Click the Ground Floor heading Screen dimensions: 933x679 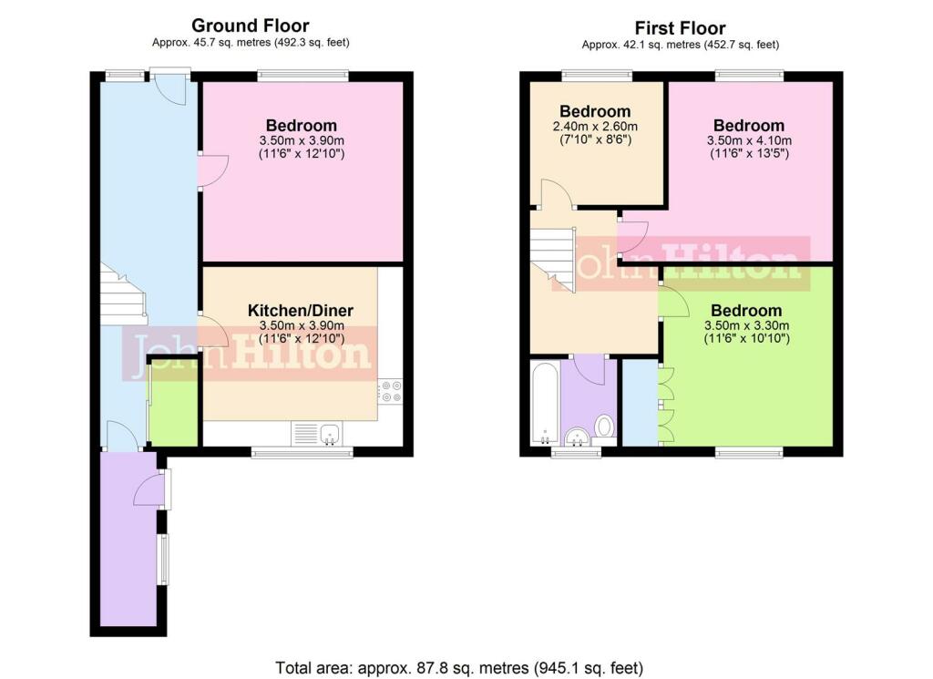pos(250,26)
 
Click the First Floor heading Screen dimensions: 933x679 pos(680,28)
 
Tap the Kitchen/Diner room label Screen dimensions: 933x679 pos(301,310)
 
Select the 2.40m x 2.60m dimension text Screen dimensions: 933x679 pos(595,126)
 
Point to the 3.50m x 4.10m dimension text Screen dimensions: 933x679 pos(749,140)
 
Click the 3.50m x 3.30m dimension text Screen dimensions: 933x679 pos(747,325)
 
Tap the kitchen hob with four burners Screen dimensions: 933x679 pos(390,391)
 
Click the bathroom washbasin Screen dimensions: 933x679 pos(577,437)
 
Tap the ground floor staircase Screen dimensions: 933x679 pos(123,294)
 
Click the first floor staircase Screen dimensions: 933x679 pos(553,259)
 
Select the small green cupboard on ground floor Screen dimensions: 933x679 pos(172,402)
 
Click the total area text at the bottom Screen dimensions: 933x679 pos(459,668)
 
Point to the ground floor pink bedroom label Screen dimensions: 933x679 pos(301,126)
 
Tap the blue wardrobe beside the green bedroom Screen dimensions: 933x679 pos(640,402)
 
